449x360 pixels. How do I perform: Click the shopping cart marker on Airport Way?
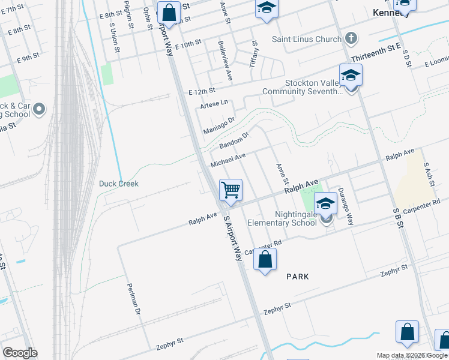tap(231, 190)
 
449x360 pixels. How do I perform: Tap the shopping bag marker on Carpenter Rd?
tap(265, 260)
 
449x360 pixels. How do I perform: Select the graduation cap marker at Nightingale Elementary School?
tap(325, 205)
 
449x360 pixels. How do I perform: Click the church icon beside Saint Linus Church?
tap(351, 39)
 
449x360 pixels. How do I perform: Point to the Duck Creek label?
tap(119, 184)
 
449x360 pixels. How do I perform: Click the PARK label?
tap(297, 277)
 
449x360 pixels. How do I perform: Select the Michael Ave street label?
tap(228, 160)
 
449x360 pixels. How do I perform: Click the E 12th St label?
tap(202, 91)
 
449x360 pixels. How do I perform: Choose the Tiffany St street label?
tap(254, 53)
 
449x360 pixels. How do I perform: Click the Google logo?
tap(20, 353)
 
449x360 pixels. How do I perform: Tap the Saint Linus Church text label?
tap(306, 40)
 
